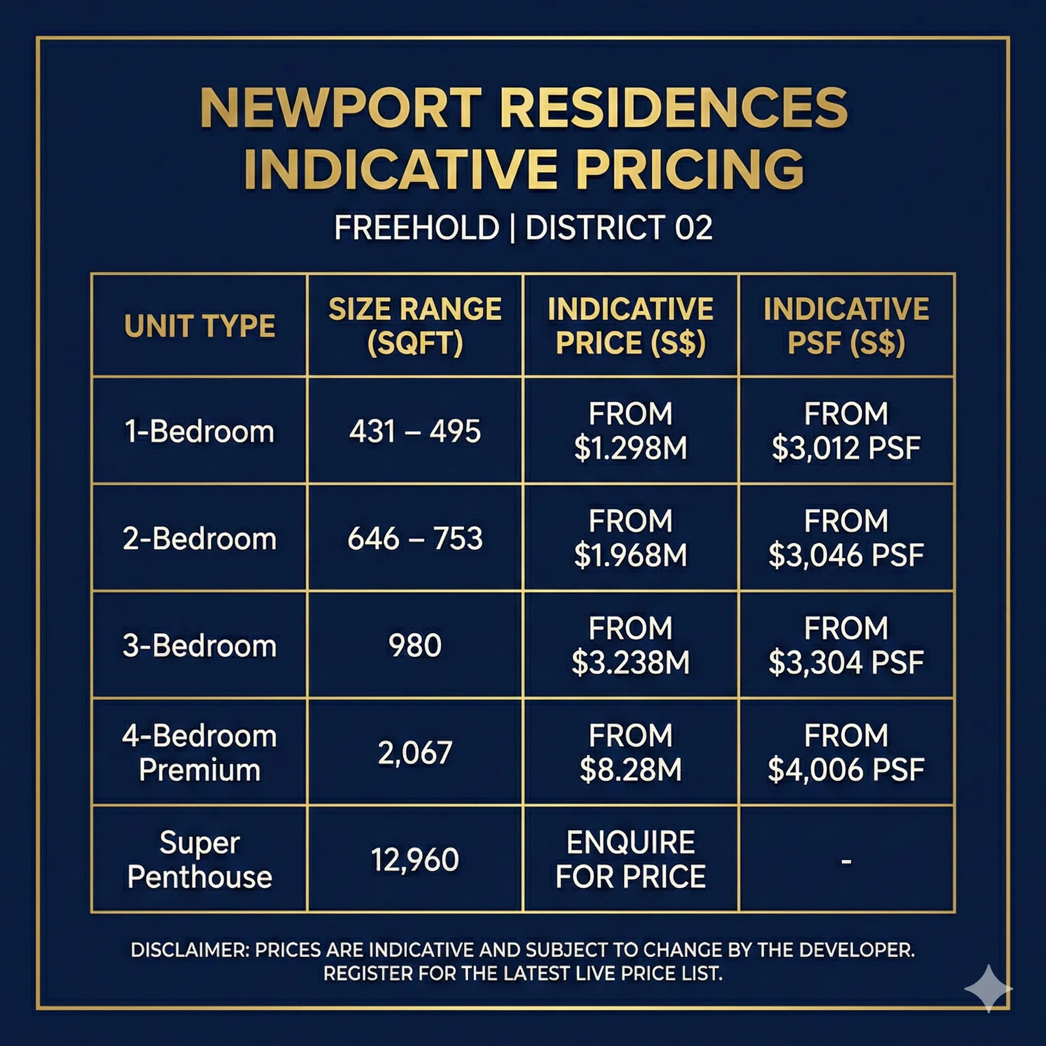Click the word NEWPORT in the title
(341, 108)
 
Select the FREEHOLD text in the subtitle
(416, 227)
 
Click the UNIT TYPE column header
(200, 326)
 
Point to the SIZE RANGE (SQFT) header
(415, 326)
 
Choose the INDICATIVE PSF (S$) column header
(846, 326)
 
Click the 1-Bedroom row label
(200, 432)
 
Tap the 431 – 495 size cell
(415, 432)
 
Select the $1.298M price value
(631, 448)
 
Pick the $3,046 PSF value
(846, 556)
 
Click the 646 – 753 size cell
(415, 539)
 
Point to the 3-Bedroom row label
(200, 646)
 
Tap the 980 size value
(415, 646)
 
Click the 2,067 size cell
(415, 752)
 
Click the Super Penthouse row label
(200, 860)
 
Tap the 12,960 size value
(415, 860)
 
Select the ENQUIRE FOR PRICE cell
(631, 860)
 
